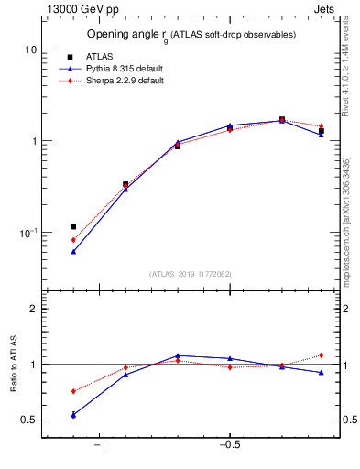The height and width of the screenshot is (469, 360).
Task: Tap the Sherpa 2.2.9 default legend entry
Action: [120, 81]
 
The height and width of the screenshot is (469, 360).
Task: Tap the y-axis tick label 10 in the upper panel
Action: [30, 49]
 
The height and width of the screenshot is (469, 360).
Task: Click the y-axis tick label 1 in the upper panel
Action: [33, 141]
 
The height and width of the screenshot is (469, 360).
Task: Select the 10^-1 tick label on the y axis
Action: [27, 233]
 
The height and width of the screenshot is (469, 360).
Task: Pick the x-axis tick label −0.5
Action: [228, 444]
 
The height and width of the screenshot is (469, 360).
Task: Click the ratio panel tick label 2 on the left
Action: [33, 309]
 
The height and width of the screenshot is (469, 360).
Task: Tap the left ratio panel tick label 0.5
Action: [29, 420]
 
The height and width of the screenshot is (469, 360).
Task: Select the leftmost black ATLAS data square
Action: [73, 226]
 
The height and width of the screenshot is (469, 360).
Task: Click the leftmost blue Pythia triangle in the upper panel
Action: [73, 251]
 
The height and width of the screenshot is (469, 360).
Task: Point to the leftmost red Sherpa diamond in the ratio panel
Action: [73, 391]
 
